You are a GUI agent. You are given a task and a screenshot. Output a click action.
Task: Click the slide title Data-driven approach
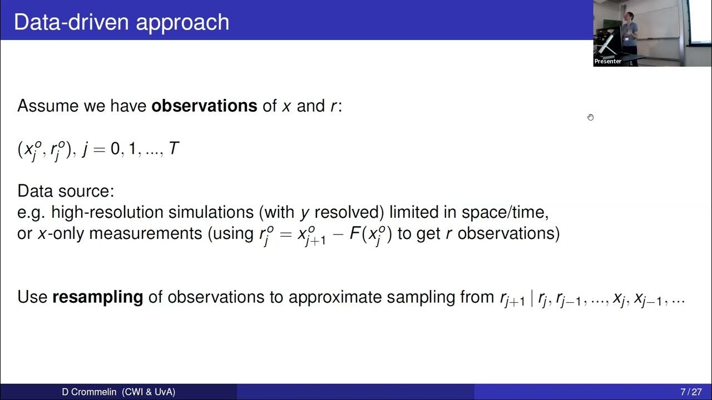pos(121,22)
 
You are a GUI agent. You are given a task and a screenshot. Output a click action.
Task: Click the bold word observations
pos(204,106)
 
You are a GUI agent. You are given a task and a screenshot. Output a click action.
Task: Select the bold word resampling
pos(98,297)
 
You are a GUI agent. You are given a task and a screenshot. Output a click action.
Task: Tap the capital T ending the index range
pos(174,149)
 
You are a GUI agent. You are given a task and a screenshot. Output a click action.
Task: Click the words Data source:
pos(66,191)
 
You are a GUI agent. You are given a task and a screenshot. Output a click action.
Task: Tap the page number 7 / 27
pos(691,392)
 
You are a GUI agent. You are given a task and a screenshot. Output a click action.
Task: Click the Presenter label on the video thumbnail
pos(607,61)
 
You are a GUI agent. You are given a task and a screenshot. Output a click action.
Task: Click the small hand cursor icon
pos(590,117)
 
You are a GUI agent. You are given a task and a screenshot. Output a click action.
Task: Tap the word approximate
pos(329,297)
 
